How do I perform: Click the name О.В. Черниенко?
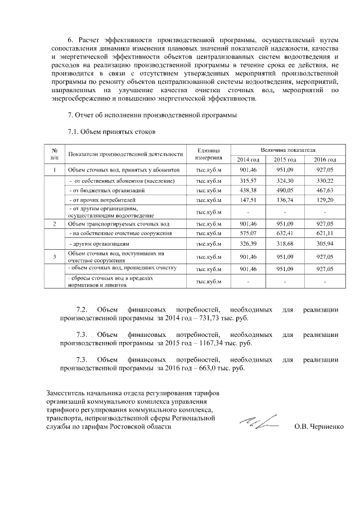tap(318, 427)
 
